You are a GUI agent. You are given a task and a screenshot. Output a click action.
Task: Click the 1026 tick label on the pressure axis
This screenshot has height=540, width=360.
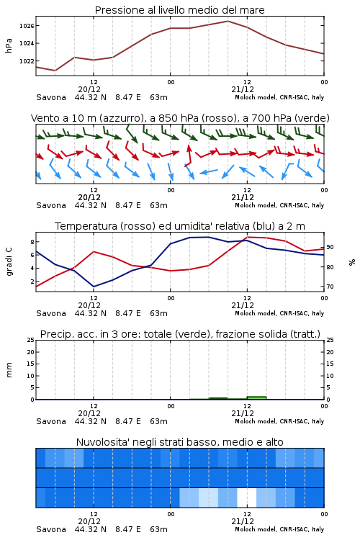27,26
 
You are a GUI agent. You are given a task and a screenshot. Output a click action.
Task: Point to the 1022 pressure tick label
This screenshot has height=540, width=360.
27,61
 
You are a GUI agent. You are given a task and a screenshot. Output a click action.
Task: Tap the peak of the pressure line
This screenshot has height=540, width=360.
228,21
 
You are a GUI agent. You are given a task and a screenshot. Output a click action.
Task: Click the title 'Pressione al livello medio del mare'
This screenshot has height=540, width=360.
180,10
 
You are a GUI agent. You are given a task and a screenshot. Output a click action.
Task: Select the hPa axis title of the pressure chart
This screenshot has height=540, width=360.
9,45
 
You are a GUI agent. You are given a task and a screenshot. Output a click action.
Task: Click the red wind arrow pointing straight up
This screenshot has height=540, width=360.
188,156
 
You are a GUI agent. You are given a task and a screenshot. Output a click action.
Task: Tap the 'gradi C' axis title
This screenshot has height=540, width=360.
9,262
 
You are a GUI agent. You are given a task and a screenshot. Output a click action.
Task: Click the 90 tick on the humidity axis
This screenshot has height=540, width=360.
330,247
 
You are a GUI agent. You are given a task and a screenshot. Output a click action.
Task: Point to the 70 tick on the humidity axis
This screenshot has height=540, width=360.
330,287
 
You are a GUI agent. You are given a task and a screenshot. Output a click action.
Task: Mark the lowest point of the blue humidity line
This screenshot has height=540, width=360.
94,287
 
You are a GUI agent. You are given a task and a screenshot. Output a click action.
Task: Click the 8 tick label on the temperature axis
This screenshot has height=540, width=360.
32,242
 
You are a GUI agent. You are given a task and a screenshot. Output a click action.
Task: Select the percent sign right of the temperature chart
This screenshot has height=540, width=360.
352,262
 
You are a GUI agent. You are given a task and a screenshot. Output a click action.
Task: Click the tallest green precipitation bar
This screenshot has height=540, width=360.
256,397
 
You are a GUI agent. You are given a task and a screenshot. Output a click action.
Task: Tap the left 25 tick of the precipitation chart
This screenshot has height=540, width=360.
31,340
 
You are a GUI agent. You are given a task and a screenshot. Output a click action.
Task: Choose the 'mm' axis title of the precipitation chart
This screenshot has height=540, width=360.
9,370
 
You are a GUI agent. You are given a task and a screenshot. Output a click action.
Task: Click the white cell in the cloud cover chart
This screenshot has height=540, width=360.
247,498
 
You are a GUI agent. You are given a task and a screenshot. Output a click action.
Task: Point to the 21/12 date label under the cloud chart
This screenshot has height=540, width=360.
243,521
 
